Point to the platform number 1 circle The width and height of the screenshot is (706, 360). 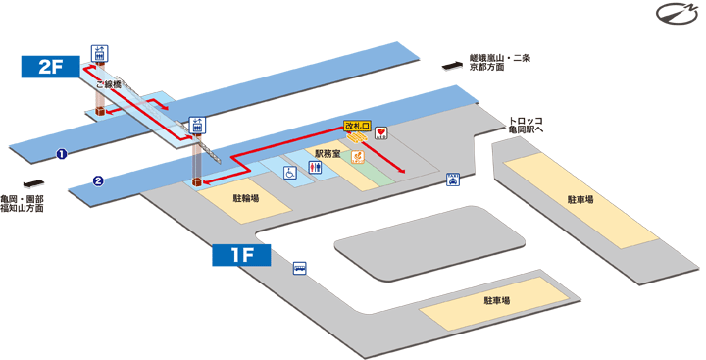(62, 154)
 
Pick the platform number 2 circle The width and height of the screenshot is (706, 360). (99, 180)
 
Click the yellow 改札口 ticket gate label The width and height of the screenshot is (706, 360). (357, 127)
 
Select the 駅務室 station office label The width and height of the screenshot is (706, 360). (327, 154)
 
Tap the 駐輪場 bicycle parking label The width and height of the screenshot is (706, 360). (246, 197)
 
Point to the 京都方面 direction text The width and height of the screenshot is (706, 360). (486, 68)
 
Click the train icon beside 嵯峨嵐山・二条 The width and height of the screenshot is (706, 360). (451, 65)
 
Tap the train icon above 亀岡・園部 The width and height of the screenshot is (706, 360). (33, 182)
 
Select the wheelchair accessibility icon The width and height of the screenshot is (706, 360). (290, 173)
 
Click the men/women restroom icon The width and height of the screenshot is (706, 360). (315, 168)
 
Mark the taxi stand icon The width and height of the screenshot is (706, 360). (453, 180)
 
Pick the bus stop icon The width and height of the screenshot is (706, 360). (299, 267)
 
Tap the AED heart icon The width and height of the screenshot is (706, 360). (382, 132)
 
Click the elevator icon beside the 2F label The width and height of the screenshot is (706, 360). (99, 53)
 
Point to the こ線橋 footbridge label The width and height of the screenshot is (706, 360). (107, 85)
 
